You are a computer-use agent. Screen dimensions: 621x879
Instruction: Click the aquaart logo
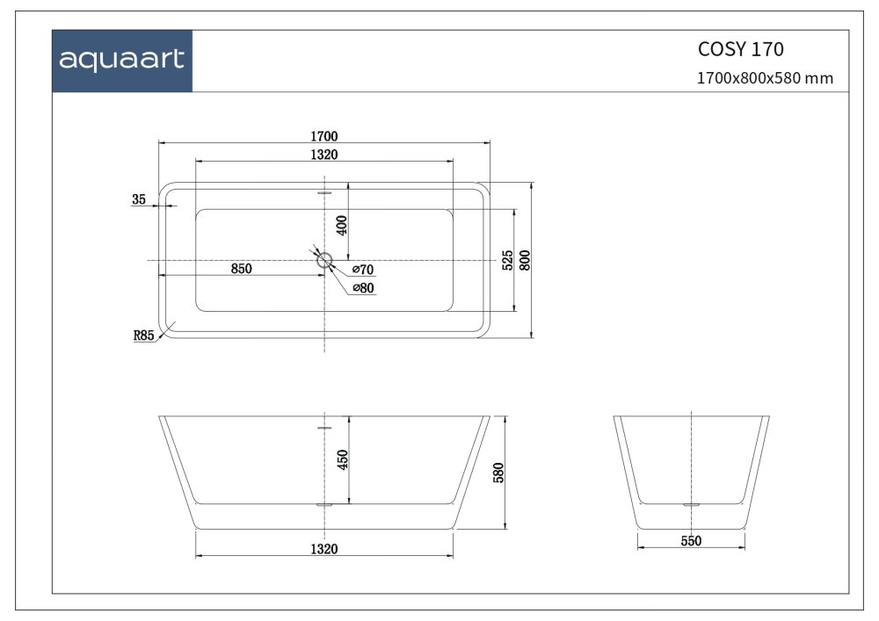coord(121,60)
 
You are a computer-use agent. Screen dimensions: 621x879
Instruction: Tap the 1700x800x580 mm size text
coord(765,78)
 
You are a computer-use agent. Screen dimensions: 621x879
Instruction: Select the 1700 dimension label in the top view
coord(324,136)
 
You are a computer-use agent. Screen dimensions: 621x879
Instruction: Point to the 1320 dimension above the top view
coord(324,155)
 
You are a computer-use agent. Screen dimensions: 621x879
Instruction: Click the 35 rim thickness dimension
coord(139,199)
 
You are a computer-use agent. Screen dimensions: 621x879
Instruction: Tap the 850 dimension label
coord(242,269)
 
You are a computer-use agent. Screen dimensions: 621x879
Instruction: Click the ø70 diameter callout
coord(363,269)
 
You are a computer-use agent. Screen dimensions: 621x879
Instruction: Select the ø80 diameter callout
coord(363,287)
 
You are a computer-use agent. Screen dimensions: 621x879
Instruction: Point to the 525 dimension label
coord(507,260)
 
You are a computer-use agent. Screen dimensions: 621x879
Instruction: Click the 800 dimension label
coord(526,260)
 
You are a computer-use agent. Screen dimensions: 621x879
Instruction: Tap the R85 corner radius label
coord(144,335)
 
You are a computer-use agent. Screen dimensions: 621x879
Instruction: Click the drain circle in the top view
coord(324,259)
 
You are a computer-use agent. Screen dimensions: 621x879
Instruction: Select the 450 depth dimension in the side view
coord(343,459)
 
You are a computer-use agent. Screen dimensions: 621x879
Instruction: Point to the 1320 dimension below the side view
coord(324,549)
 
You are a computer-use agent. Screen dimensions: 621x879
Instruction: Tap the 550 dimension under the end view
coord(691,541)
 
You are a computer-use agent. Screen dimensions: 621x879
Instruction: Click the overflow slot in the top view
coord(324,191)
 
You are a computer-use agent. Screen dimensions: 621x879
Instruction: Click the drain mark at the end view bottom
coord(691,505)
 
